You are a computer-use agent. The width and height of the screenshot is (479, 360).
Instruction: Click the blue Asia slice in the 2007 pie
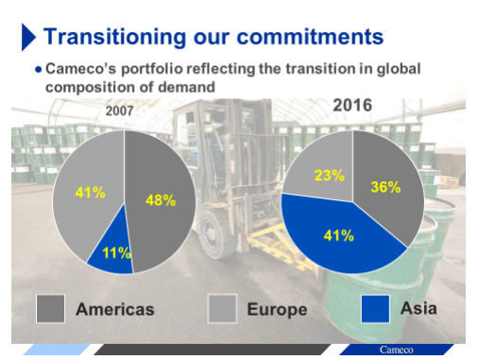(x=111, y=249)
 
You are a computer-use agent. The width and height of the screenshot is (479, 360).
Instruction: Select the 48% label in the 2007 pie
(x=161, y=200)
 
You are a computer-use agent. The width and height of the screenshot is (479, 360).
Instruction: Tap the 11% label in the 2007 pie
(x=116, y=252)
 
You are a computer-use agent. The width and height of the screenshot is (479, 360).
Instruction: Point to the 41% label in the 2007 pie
(x=90, y=192)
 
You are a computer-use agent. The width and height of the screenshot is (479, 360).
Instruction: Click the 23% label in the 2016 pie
(x=330, y=175)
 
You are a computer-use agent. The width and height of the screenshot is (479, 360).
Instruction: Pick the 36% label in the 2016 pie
(x=385, y=187)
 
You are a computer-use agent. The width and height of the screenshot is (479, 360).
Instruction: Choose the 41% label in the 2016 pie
(x=339, y=235)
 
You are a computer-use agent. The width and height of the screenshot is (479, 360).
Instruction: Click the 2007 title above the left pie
(x=119, y=111)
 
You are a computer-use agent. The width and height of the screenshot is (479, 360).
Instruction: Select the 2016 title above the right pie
(x=352, y=105)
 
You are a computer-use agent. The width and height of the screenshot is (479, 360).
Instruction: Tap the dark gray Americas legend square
(x=50, y=309)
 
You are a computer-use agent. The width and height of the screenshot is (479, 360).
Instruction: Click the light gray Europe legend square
(x=222, y=309)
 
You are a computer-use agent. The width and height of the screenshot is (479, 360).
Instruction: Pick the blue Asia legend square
(x=375, y=309)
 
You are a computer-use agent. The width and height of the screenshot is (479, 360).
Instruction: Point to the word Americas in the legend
(x=115, y=309)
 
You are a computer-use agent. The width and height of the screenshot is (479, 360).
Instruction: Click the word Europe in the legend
(x=277, y=310)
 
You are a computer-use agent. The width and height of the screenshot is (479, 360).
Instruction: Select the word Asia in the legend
(x=419, y=308)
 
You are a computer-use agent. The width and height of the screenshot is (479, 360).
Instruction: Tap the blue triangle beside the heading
(x=28, y=37)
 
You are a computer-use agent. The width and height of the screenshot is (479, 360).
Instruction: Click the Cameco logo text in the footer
(x=396, y=350)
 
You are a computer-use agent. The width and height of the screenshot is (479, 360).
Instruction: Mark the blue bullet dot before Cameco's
(x=39, y=69)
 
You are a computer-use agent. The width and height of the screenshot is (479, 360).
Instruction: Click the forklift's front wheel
(x=214, y=233)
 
